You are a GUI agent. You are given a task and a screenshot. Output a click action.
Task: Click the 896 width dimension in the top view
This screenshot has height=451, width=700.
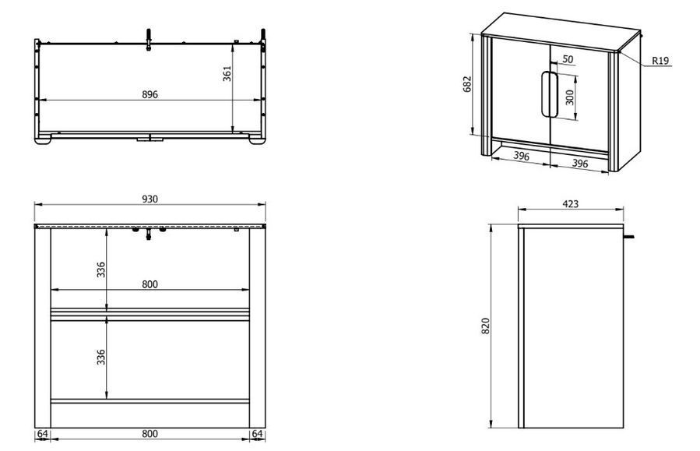tap(149, 95)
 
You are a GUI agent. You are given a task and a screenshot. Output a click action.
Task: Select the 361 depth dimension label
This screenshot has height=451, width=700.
tap(227, 74)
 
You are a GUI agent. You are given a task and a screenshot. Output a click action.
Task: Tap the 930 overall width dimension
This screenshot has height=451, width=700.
tap(150, 199)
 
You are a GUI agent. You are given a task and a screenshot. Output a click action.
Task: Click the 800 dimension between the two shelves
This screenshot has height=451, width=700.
tap(150, 284)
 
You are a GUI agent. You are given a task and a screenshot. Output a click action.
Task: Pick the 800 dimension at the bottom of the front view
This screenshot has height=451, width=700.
tap(150, 434)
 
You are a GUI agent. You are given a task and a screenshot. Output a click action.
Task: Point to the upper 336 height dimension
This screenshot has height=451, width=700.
tap(101, 270)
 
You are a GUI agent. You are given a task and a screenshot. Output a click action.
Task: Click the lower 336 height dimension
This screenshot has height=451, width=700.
tap(101, 357)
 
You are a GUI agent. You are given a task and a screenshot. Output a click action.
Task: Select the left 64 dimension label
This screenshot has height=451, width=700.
tap(42, 434)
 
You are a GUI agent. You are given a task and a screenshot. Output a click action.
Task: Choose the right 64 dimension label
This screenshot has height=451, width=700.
tap(258, 434)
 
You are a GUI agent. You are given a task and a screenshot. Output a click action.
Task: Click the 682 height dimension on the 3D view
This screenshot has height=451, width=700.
tap(467, 84)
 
